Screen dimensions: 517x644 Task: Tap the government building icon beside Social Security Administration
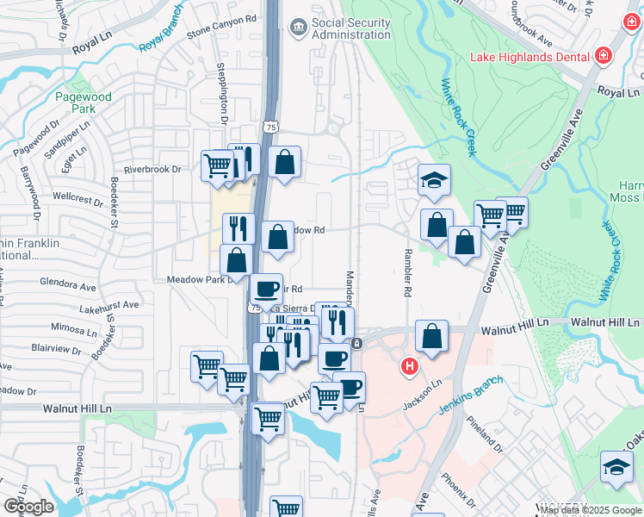(x=298, y=28)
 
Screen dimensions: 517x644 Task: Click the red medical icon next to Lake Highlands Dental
(x=604, y=57)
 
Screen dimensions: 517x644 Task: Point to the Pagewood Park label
(x=83, y=103)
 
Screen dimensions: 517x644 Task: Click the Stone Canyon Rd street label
(x=197, y=40)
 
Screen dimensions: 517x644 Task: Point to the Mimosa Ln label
(x=72, y=328)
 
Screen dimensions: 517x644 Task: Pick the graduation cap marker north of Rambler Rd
(x=435, y=182)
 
